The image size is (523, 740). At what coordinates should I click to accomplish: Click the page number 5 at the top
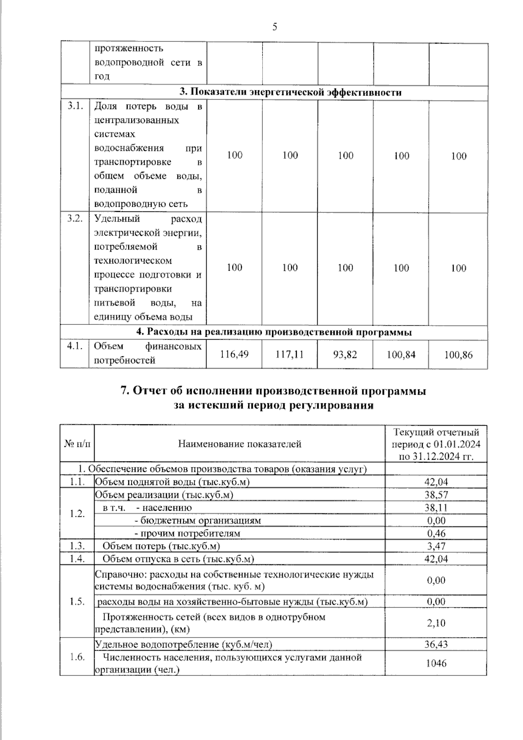tap(275, 27)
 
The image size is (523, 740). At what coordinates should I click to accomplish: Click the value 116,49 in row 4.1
tap(234, 355)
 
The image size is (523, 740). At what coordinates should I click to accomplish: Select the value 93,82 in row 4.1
tap(345, 355)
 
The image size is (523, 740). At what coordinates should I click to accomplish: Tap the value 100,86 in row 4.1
tap(458, 355)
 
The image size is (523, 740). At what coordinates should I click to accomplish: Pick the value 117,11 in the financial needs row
tap(290, 355)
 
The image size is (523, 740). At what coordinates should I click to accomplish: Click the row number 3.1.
tap(75, 106)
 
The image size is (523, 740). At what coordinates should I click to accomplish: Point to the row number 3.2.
tap(75, 219)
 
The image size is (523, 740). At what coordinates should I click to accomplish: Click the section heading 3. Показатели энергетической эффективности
tap(291, 92)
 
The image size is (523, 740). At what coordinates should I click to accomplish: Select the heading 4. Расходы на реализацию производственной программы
tap(274, 332)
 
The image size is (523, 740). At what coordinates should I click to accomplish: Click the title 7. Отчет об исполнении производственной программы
tap(273, 391)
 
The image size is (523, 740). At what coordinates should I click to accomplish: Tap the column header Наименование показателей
tap(240, 444)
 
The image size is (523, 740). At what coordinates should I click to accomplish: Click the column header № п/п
tap(78, 444)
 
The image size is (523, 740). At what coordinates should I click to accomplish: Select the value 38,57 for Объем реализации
tap(436, 494)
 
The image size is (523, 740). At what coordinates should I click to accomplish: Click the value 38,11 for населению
tap(436, 508)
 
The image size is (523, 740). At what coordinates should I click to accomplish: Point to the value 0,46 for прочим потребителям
tap(436, 533)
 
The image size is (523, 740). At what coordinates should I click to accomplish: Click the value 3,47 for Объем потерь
tap(436, 546)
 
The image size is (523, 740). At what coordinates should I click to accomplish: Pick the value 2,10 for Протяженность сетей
tap(436, 623)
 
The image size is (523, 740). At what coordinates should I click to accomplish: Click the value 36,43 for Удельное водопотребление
tap(436, 644)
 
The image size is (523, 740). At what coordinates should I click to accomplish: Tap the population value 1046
tap(436, 663)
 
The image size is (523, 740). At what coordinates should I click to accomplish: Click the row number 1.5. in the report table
tap(77, 602)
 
